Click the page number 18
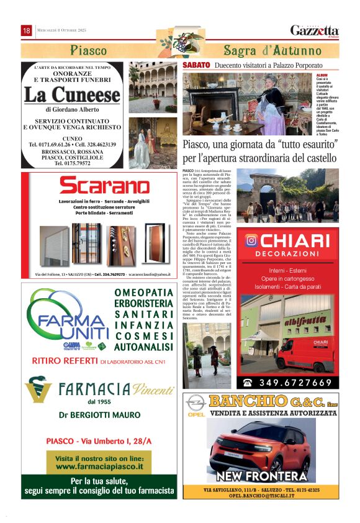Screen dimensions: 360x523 27,30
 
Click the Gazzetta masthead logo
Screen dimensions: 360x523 315,30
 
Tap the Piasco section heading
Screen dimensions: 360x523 88,50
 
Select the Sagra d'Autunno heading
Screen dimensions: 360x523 263,50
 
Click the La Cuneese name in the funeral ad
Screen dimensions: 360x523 72,95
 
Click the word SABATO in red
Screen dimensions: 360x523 196,65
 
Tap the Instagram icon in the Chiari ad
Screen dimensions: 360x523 251,240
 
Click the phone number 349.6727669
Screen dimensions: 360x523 297,383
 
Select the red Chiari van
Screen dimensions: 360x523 304,355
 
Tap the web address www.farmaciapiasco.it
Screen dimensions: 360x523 99,463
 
